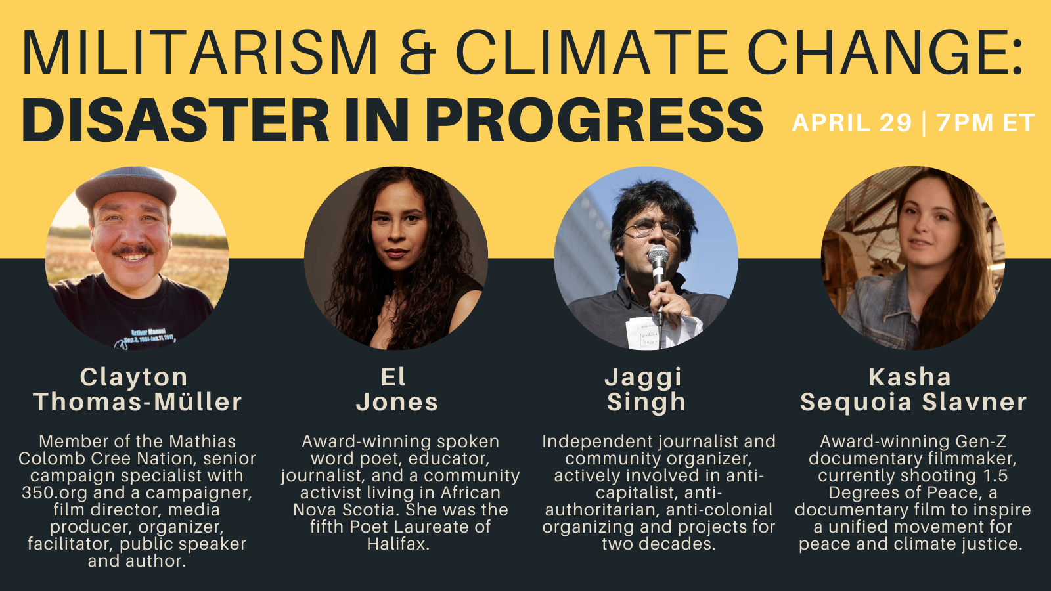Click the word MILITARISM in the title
tap(200, 52)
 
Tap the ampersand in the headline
tap(417, 52)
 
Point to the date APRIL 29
tap(851, 123)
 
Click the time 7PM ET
tap(985, 123)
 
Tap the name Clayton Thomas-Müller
tap(137, 390)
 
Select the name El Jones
tap(397, 390)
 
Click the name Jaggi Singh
tap(646, 390)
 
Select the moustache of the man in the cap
tap(133, 250)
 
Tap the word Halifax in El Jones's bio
tap(398, 544)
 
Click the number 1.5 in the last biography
tap(993, 475)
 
